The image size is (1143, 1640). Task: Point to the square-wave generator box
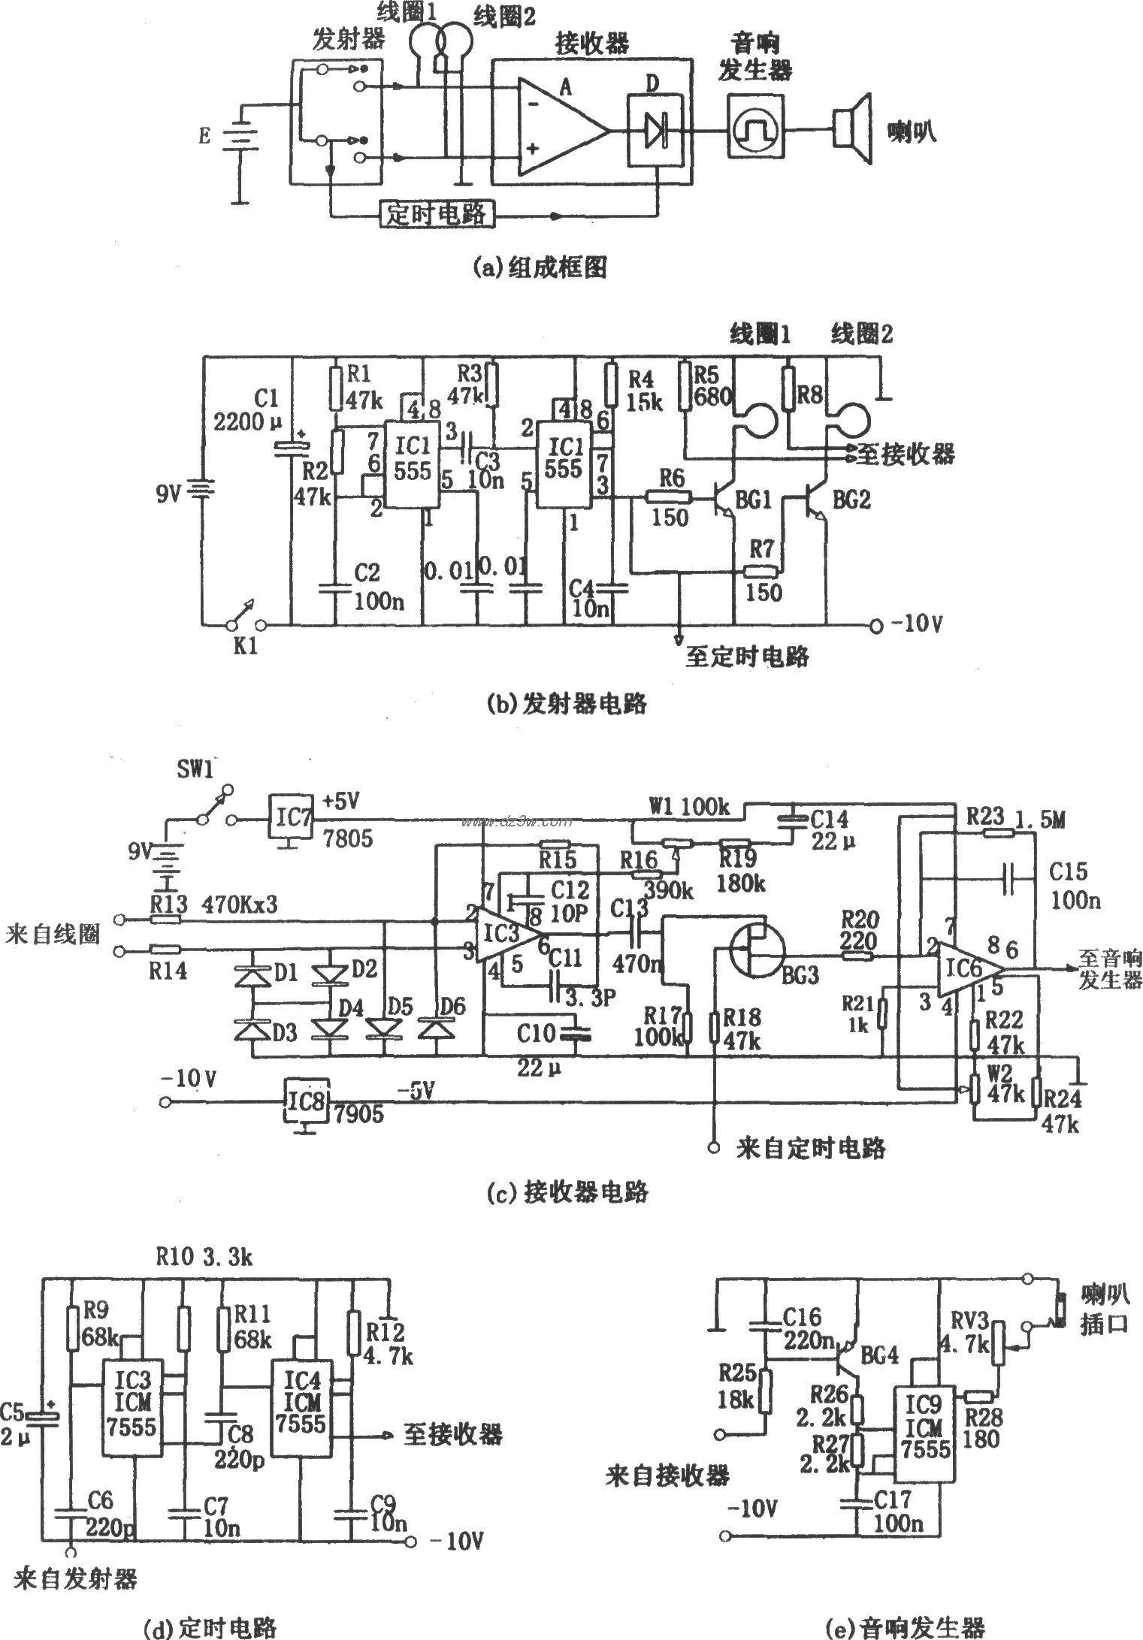point(756,127)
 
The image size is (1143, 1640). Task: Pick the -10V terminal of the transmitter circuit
point(876,624)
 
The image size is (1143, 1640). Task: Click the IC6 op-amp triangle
point(969,969)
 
